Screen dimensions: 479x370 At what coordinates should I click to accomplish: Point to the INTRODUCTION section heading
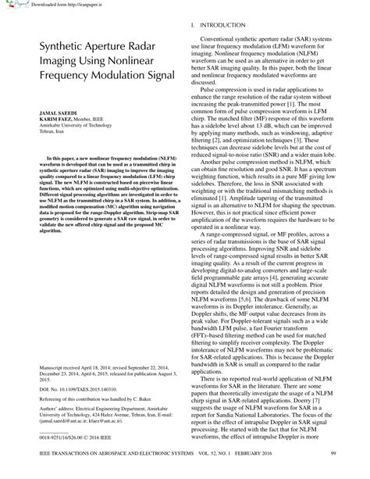[x=226, y=27]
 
